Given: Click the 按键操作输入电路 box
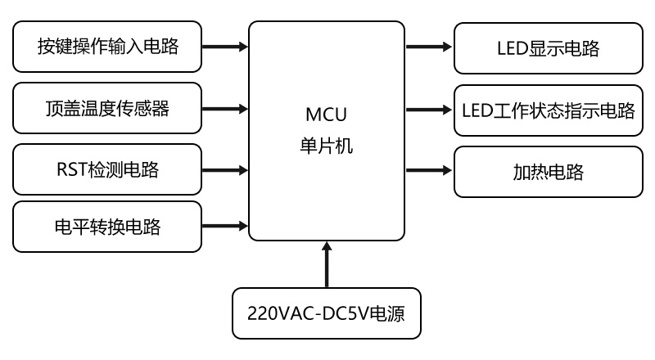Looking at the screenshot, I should tap(107, 46).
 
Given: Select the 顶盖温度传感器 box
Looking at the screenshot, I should tap(107, 107).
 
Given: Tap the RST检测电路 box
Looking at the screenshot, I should tap(107, 169).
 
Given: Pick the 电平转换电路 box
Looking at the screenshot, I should tap(107, 225).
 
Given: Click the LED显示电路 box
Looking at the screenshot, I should tap(548, 48).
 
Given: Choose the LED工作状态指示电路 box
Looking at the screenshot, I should tap(548, 110).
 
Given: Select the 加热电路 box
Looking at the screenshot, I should tap(548, 172).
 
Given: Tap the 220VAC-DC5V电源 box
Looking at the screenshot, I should tap(326, 313).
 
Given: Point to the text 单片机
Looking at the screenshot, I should tap(326, 146).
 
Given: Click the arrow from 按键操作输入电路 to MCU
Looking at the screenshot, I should tap(224, 46).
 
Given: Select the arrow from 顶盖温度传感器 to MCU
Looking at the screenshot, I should tap(224, 107).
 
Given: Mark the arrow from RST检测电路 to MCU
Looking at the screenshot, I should tap(224, 169).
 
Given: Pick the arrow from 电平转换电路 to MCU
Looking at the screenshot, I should tap(224, 225).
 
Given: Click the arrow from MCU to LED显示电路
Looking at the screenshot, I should tap(429, 47).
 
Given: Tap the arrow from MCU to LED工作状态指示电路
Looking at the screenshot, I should tap(429, 109).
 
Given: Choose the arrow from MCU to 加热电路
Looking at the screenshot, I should tap(429, 170).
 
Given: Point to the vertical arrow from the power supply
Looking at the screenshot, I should tap(327, 263).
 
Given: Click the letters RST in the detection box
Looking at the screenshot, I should tap(70, 169).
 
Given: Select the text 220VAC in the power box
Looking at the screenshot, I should tap(279, 313).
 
